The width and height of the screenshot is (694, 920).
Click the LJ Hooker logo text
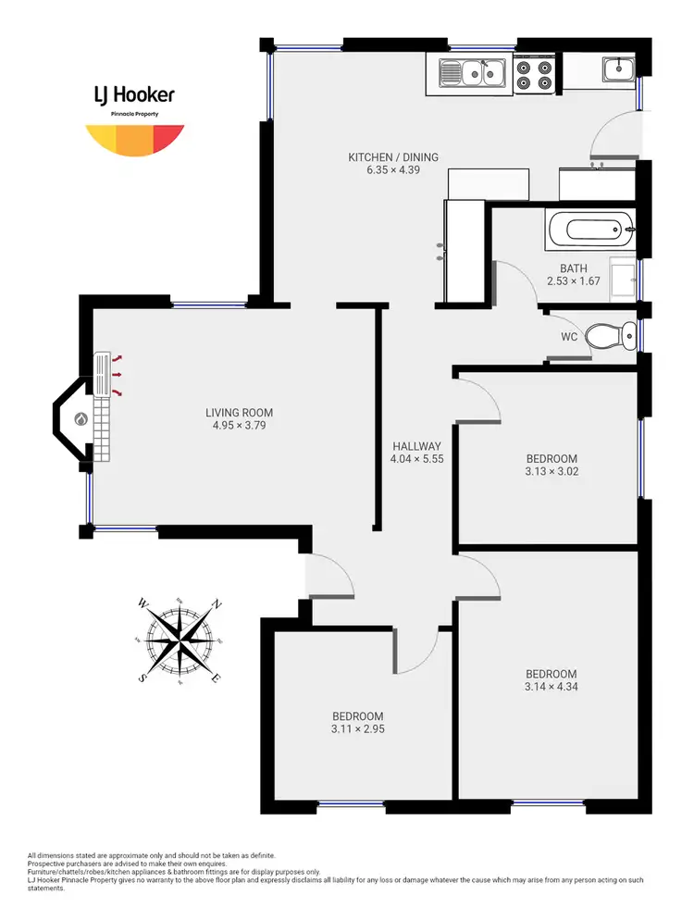pos(134,94)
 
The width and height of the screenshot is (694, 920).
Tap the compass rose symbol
pos(180,640)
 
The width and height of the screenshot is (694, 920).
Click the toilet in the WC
pos(610,336)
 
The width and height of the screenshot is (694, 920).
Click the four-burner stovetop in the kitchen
pos(534,74)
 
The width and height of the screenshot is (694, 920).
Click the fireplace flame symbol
pos(81,418)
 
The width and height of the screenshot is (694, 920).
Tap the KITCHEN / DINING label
pos(393,157)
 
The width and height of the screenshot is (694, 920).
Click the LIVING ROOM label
pos(239,413)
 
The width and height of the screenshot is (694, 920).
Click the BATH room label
pos(574,268)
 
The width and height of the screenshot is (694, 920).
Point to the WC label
pos(569,337)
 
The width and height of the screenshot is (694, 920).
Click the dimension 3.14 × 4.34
pos(551,687)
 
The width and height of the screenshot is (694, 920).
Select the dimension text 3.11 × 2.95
pos(358,729)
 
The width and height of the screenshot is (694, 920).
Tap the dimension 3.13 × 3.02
pos(551,471)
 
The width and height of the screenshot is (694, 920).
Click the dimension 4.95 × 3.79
pos(239,426)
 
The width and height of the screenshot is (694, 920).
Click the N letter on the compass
pos(217,604)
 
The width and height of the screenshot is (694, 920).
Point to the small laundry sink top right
pos(617,68)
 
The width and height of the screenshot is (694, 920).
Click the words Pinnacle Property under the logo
pos(134,113)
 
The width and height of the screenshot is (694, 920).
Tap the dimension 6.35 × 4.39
pos(393,170)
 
